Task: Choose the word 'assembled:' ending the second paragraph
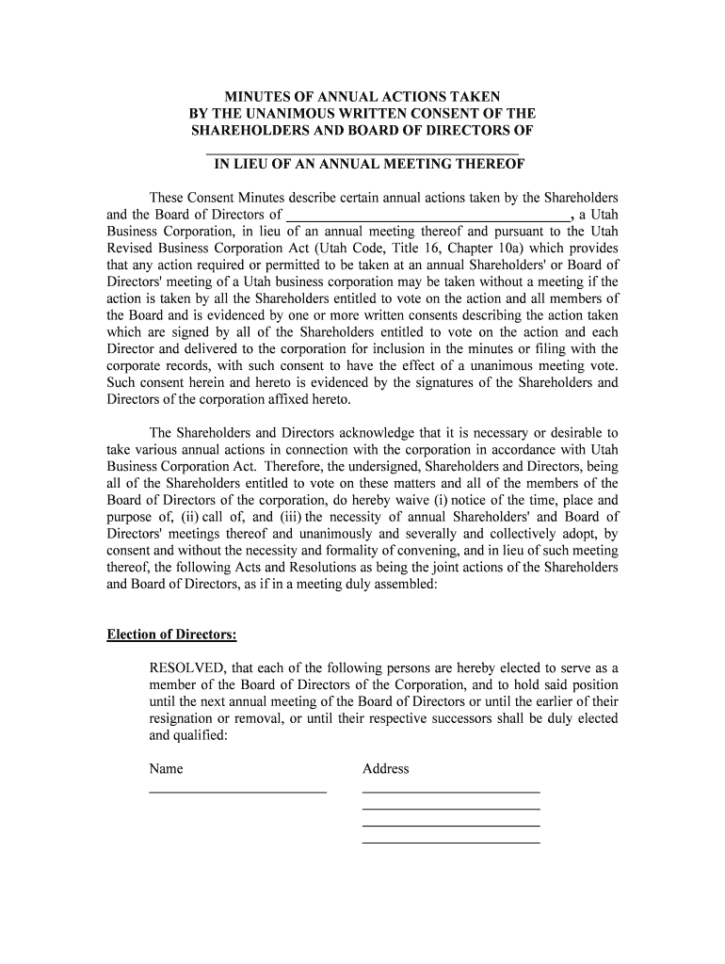[x=406, y=585]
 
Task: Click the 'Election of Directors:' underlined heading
[x=171, y=635]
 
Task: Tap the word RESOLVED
[x=186, y=668]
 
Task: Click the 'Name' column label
[x=166, y=769]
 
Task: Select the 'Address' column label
[x=385, y=769]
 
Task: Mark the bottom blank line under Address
[x=451, y=840]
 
